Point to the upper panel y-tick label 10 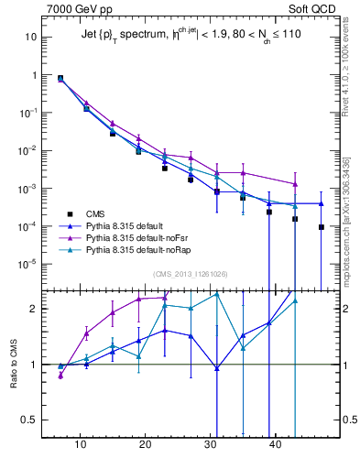(x=30, y=37)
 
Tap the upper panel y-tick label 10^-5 (x=27, y=264)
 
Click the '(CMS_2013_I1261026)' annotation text (x=191, y=274)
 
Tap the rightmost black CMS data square (x=322, y=227)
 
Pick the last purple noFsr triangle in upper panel (x=295, y=184)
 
